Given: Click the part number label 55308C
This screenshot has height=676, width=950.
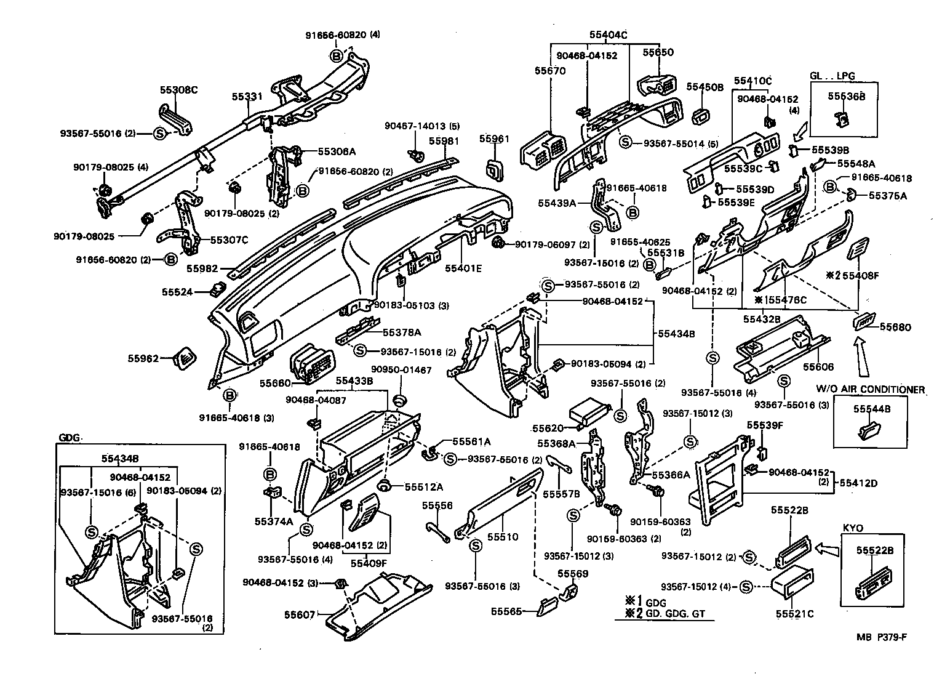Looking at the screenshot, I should (178, 90).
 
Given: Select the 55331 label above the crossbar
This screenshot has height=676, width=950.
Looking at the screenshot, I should (247, 97).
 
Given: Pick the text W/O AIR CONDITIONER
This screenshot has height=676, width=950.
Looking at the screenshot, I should (871, 389).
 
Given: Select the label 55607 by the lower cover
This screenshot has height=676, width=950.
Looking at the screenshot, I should (300, 614).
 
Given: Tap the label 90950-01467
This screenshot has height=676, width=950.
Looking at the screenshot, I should (401, 370).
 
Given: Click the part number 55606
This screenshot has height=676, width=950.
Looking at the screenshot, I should (818, 367).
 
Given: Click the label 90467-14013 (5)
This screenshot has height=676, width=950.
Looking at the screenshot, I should (422, 126).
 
